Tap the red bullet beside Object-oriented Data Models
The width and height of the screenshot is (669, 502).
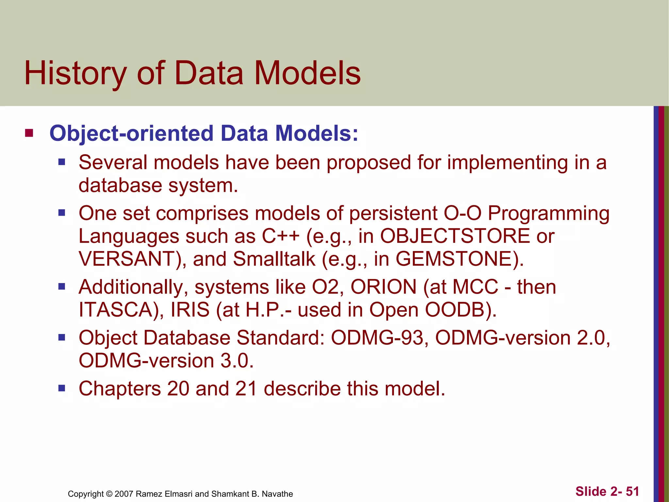[x=29, y=133]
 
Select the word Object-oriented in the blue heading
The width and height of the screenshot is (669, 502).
[x=132, y=134]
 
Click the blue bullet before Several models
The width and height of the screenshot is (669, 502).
[x=62, y=162]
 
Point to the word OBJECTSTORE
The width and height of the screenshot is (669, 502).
[x=455, y=236]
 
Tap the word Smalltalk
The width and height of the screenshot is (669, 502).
[x=274, y=259]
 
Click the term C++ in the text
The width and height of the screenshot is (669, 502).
[x=281, y=236]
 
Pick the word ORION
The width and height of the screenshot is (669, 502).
[x=383, y=287]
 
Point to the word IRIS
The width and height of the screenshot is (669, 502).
[x=190, y=310]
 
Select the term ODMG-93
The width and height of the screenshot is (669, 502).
[x=377, y=338]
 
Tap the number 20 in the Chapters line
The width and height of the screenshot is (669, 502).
[x=178, y=389]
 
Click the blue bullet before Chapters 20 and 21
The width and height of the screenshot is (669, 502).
[x=62, y=388]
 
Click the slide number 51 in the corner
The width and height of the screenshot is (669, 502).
[x=632, y=491]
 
